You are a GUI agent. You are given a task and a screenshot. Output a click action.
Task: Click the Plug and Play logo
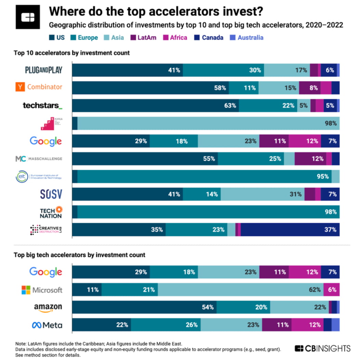[x=43, y=70]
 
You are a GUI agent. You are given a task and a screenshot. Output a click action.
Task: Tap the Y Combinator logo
[x=39, y=87]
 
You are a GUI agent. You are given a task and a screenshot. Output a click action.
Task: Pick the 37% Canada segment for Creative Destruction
[x=290, y=230]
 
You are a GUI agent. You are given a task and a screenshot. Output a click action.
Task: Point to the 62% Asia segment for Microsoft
[x=240, y=290]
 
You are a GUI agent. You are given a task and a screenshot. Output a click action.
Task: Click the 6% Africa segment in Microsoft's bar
[x=331, y=290]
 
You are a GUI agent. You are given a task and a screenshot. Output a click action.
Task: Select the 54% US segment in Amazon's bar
[x=144, y=307]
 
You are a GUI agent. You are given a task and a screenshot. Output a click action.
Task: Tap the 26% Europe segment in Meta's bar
[x=166, y=325]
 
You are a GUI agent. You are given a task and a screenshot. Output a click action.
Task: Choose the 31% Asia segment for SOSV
[x=262, y=194]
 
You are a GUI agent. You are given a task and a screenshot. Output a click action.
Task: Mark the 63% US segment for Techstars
[x=155, y=105]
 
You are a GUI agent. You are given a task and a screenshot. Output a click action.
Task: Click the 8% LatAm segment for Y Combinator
[x=310, y=88]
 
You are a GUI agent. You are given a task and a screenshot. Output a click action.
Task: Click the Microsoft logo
[x=42, y=290]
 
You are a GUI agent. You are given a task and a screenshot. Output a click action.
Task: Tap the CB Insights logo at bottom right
[x=322, y=348]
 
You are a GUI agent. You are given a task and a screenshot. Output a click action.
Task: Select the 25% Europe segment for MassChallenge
[x=251, y=159]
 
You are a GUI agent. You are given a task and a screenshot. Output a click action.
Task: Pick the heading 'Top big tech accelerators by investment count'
[x=79, y=255]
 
